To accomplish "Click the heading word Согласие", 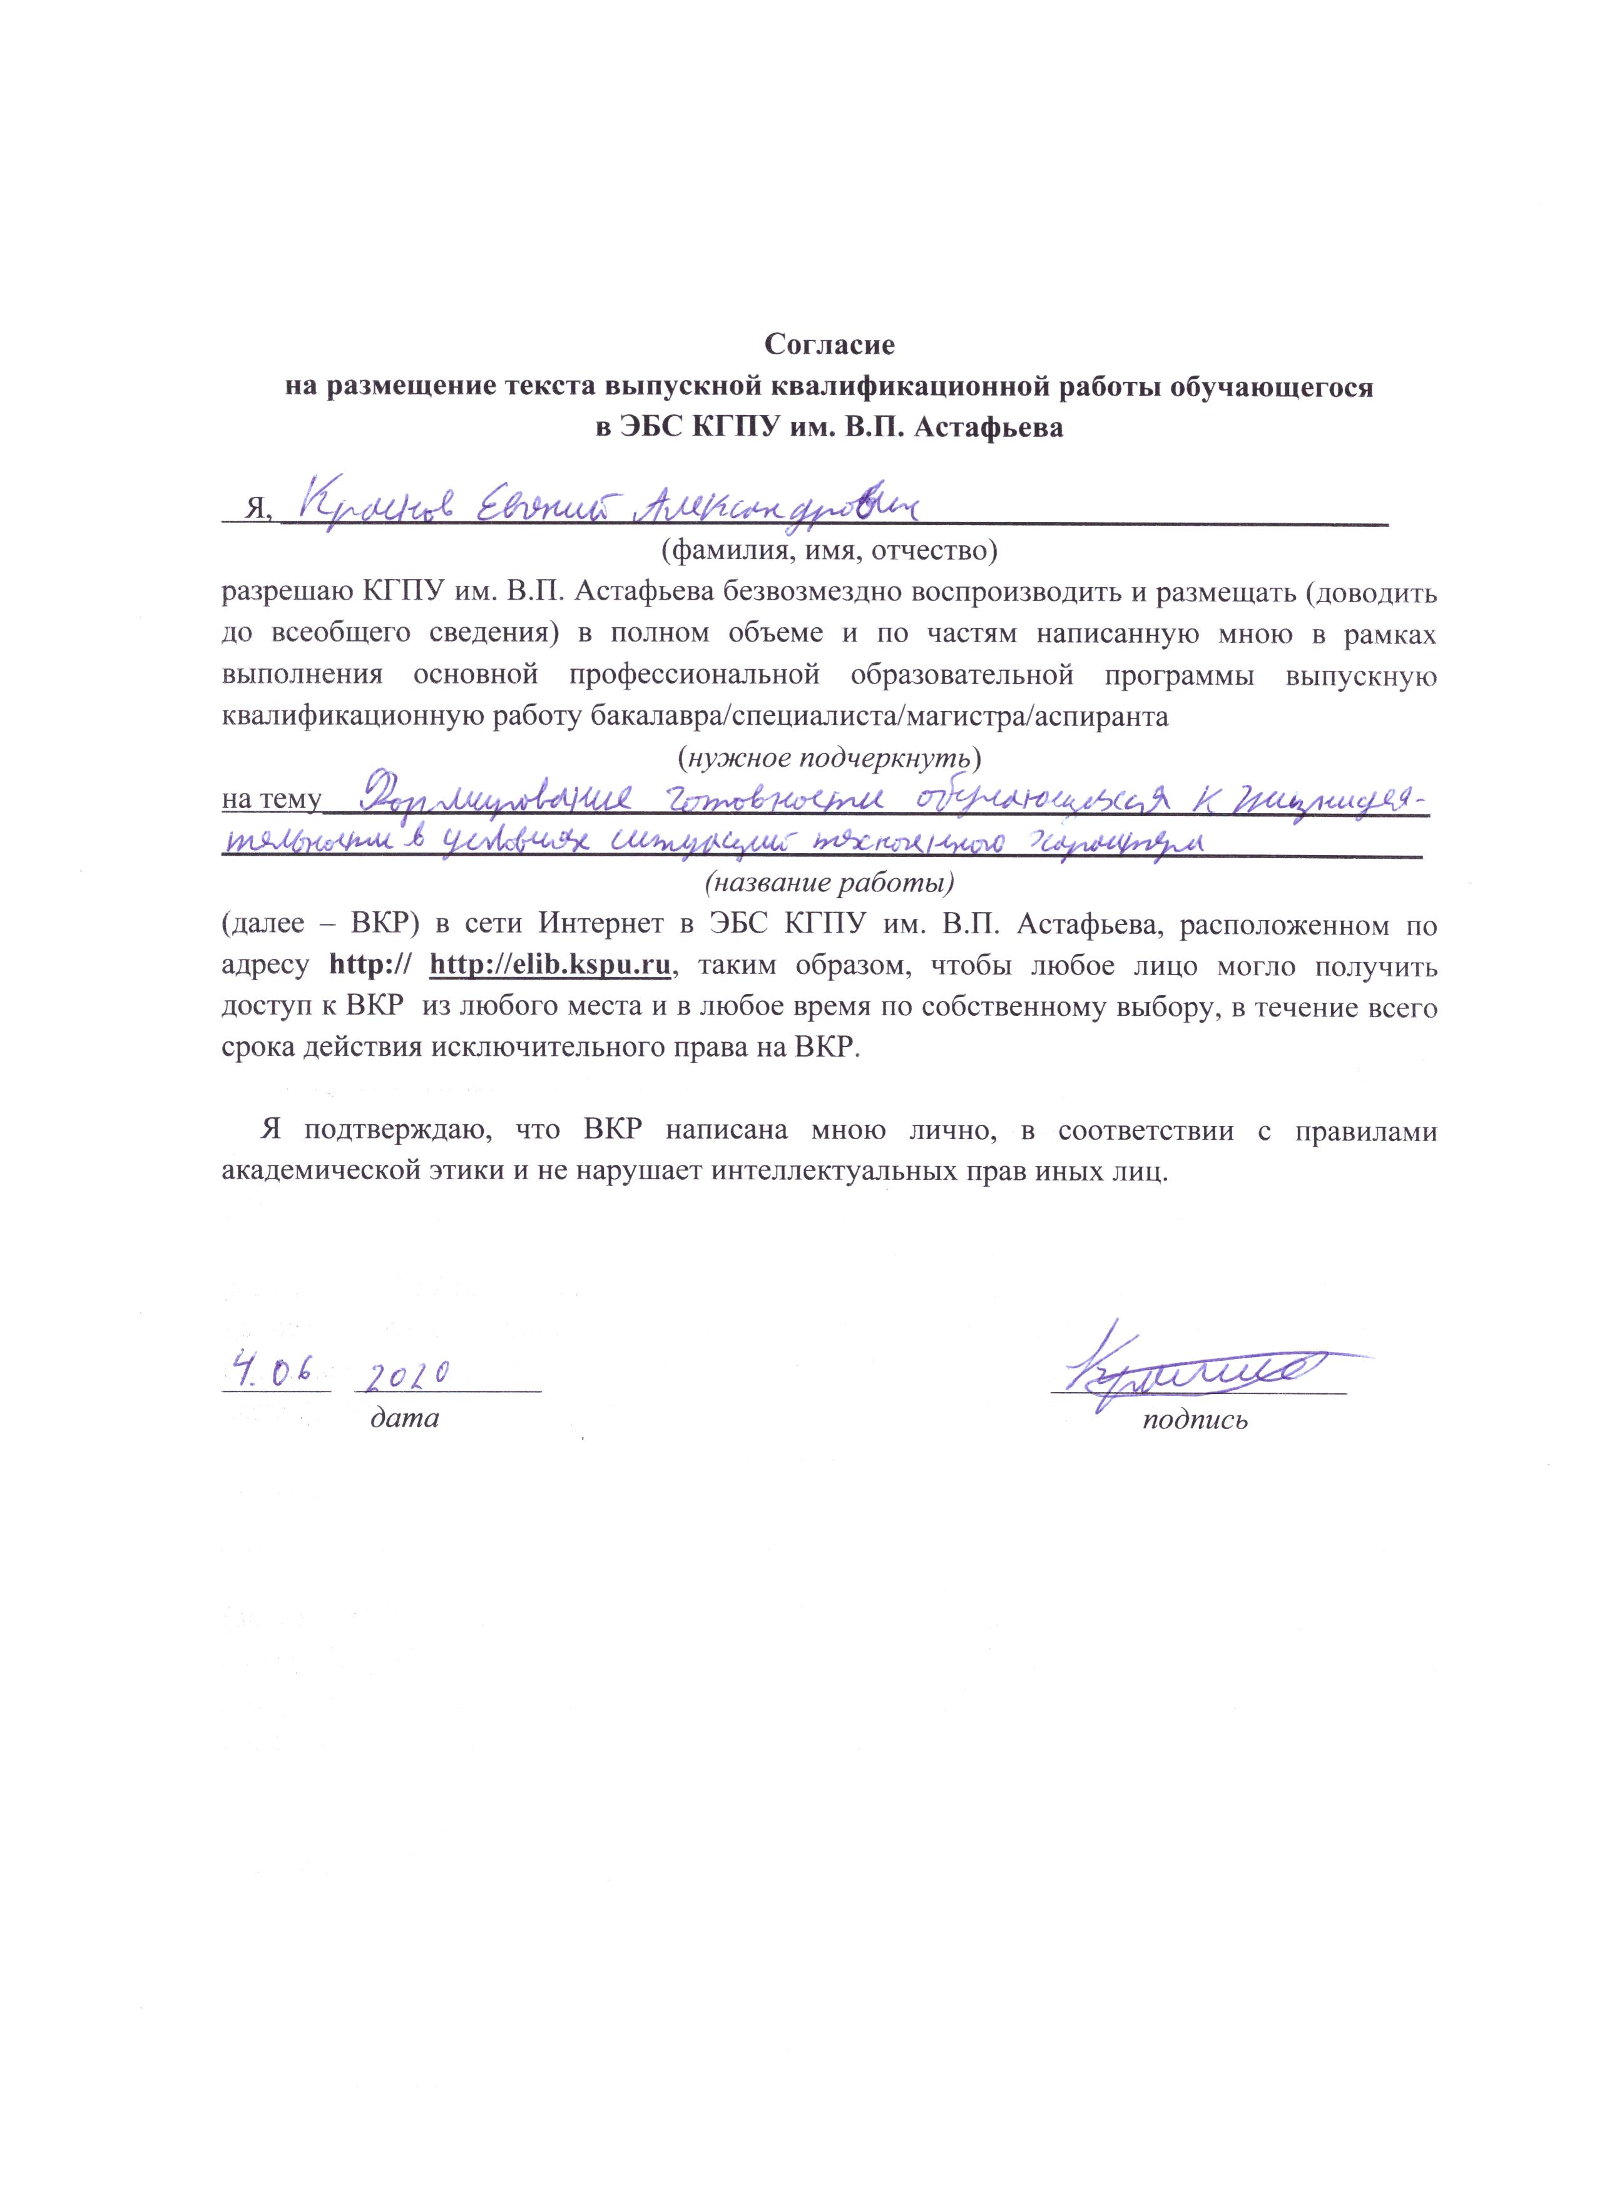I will tap(829, 344).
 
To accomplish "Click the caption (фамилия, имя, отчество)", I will tap(829, 551).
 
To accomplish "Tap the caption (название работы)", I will tap(829, 883).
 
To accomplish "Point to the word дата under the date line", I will tap(405, 1419).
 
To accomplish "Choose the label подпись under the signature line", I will tap(1195, 1420).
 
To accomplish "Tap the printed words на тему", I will tap(271, 800).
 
